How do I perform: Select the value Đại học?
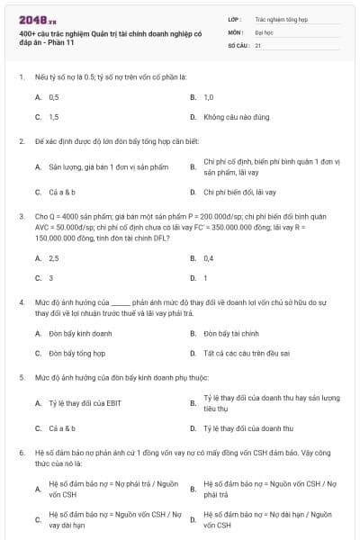tap(265, 31)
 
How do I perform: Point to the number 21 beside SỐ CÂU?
tap(258, 44)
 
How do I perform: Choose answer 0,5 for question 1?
tap(54, 96)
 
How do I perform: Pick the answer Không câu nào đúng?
tap(237, 117)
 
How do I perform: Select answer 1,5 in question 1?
tap(54, 117)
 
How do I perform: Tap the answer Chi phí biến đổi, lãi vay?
tap(240, 192)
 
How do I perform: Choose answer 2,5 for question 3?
tap(54, 257)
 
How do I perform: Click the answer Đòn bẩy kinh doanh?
tap(81, 333)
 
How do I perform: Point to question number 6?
tap(21, 453)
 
